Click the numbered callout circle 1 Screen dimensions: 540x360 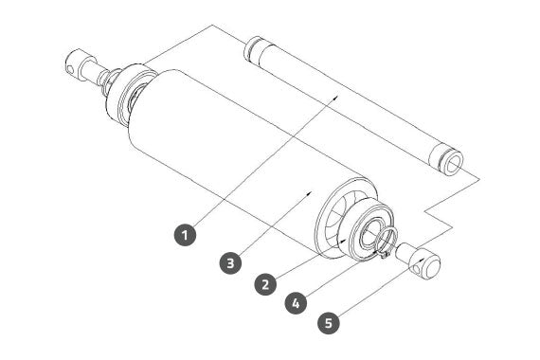pos(185,235)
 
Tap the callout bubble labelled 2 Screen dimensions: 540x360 pos(265,284)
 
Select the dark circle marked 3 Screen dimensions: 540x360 pos(230,263)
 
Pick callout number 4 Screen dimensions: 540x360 pos(297,303)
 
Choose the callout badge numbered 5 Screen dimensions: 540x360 pos(329,323)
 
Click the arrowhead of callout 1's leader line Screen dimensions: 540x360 pos(336,97)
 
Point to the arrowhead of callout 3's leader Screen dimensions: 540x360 pos(310,193)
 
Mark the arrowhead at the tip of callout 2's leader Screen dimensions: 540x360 pos(342,242)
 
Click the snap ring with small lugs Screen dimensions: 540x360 pos(387,243)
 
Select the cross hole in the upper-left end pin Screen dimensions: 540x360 pos(70,69)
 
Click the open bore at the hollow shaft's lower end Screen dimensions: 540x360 pos(454,164)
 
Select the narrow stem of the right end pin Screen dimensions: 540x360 pos(404,251)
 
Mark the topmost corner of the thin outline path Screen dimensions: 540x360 pos(212,25)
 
